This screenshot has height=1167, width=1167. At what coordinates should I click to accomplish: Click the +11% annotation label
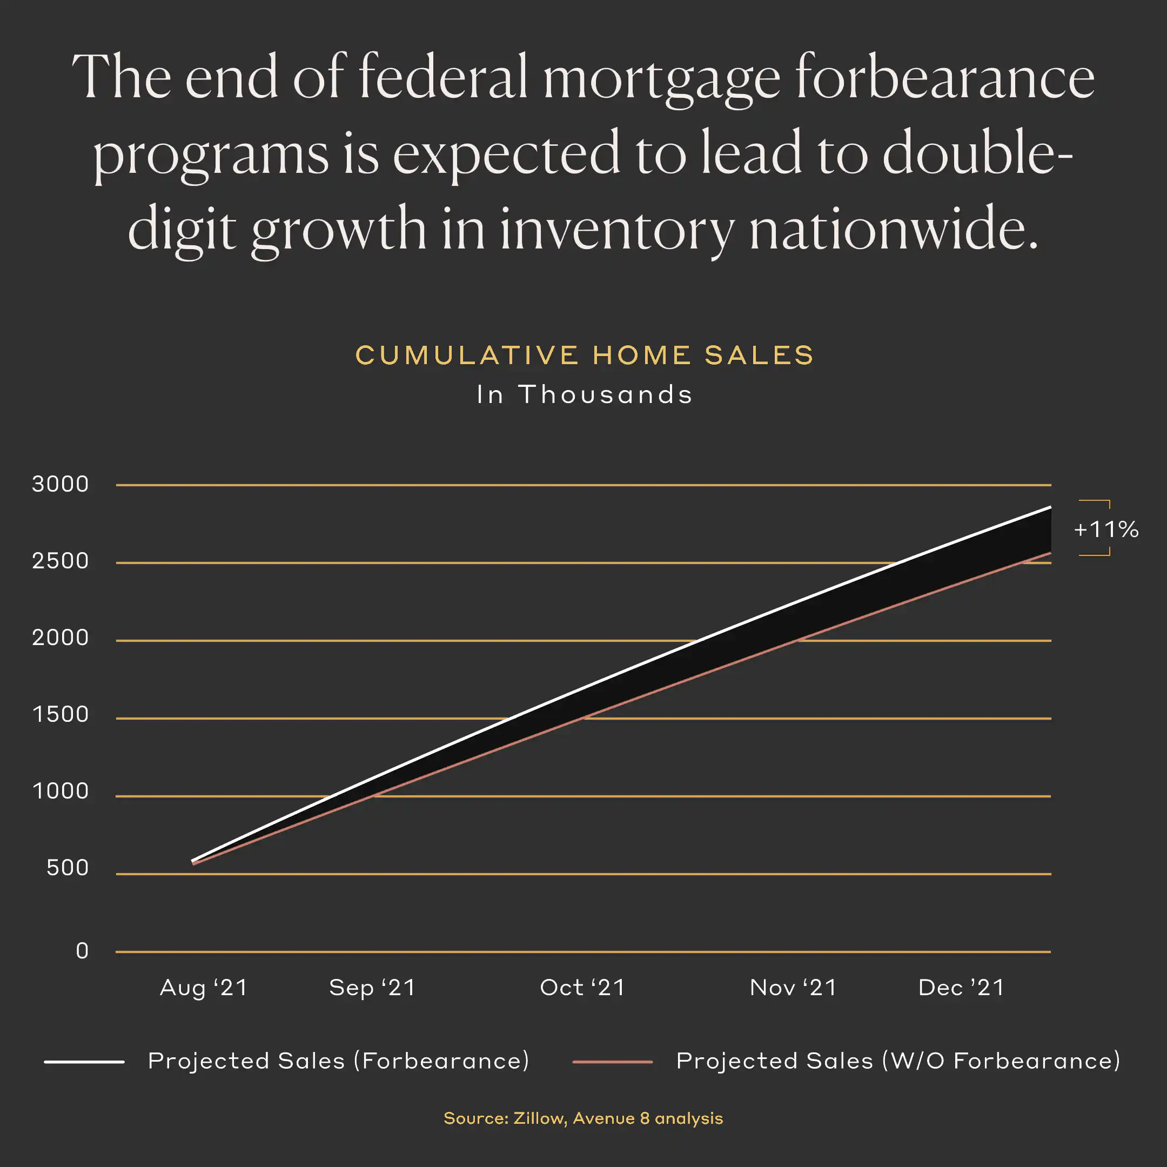[1105, 529]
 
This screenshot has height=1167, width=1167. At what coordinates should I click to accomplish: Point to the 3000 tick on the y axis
[61, 485]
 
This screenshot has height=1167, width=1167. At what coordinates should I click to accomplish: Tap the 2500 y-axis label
[61, 561]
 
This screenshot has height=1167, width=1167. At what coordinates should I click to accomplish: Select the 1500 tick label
[61, 715]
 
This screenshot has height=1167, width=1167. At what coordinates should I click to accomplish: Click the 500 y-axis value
[68, 868]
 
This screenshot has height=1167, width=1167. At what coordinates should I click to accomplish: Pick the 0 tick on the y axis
[82, 951]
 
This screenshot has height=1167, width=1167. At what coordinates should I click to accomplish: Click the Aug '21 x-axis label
[204, 988]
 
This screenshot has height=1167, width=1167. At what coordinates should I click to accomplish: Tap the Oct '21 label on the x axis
[582, 988]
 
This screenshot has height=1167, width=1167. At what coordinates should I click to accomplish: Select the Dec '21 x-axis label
[961, 988]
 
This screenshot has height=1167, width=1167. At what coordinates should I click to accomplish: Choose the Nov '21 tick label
[793, 988]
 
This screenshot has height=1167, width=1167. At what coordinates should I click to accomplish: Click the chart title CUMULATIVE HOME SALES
[584, 355]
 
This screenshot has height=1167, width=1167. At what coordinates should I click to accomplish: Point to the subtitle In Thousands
[584, 394]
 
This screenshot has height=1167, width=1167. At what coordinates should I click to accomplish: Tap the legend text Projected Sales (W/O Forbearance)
[897, 1061]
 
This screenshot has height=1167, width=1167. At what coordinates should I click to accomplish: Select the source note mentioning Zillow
[583, 1118]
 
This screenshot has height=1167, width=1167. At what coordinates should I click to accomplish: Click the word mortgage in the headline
[661, 78]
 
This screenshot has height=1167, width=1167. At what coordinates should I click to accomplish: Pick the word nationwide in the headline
[894, 230]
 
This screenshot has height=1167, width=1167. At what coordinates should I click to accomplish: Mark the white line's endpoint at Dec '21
[1050, 507]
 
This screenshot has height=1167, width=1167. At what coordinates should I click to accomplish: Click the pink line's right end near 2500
[1050, 553]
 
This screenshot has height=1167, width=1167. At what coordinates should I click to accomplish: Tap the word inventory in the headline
[616, 230]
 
